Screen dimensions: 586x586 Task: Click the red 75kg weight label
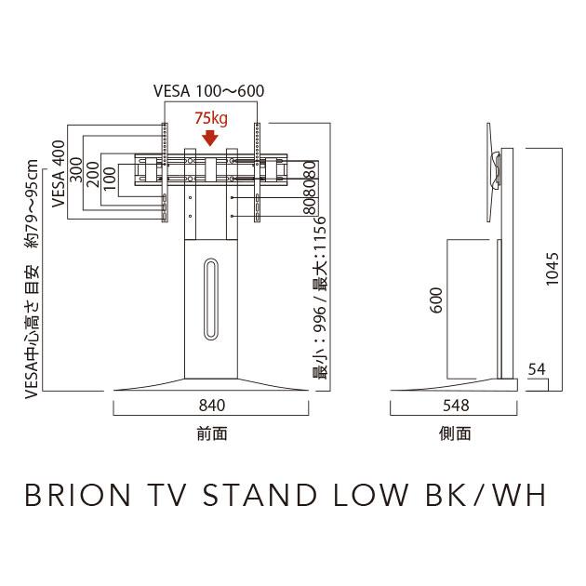coord(210,119)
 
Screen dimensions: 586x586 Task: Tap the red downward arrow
coord(210,138)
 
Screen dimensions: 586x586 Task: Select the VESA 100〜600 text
coord(209,91)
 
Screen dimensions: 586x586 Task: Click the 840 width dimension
coord(212,406)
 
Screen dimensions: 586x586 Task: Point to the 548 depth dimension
coord(455,406)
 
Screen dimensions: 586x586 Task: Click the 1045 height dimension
coord(553,270)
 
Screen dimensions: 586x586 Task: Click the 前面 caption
coord(212,433)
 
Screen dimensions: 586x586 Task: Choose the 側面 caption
coord(455,433)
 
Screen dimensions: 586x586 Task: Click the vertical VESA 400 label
coord(59,177)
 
